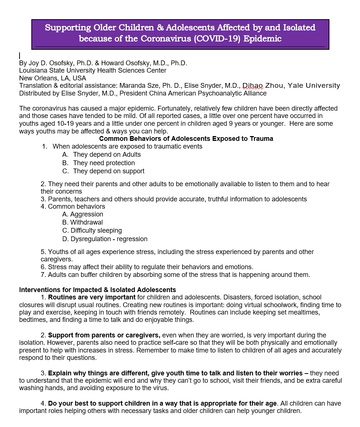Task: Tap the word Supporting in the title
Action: click(x=67, y=28)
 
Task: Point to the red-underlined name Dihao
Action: click(x=252, y=86)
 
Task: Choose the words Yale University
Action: click(x=314, y=86)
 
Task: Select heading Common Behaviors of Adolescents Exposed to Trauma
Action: click(x=186, y=139)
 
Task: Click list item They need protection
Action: click(x=104, y=163)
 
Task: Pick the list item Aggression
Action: click(x=87, y=214)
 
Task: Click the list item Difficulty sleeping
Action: click(x=96, y=230)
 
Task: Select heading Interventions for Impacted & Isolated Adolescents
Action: click(x=97, y=290)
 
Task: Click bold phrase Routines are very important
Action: click(x=92, y=297)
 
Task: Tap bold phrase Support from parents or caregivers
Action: click(x=104, y=335)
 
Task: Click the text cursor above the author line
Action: click(x=20, y=56)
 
